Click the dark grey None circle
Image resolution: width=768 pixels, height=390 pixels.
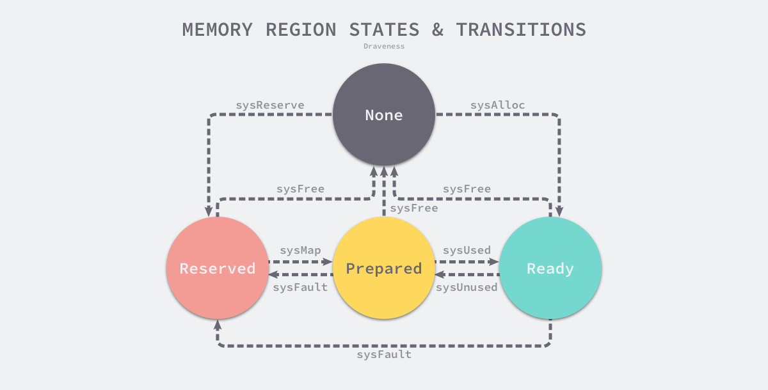tap(384, 115)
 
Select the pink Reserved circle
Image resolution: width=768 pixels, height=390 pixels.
tap(218, 269)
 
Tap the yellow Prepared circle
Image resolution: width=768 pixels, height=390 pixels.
tap(384, 269)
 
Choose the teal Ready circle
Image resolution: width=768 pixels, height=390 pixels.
tap(550, 269)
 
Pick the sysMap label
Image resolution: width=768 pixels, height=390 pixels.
tap(300, 250)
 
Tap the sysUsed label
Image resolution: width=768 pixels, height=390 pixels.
tap(467, 250)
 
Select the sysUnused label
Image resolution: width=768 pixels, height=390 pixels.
tap(467, 287)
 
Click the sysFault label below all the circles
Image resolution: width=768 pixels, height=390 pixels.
tap(384, 354)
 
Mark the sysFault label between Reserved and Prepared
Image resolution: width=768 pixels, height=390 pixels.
tap(300, 287)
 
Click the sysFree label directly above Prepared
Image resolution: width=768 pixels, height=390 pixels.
tap(414, 208)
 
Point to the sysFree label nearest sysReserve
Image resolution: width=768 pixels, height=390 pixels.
tap(300, 189)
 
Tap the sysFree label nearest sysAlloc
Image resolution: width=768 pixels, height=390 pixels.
tap(467, 189)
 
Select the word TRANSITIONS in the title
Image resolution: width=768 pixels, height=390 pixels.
tap(521, 29)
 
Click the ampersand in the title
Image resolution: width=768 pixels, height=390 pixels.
tap(438, 29)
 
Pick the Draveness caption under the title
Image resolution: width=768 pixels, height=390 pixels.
tap(384, 46)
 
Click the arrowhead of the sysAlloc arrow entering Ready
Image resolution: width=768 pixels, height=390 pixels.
tap(559, 212)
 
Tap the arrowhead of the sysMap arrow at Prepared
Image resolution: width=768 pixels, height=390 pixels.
tap(328, 261)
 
